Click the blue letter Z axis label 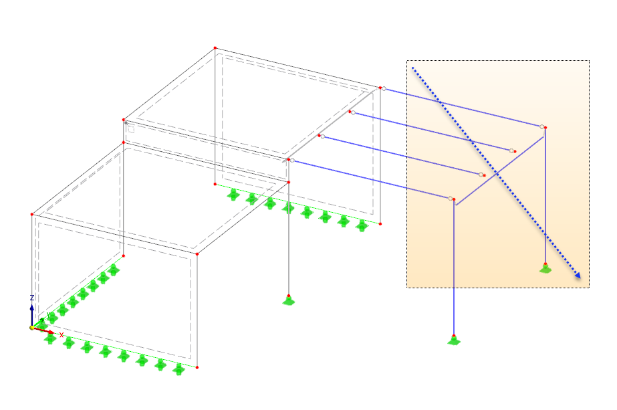click(x=31, y=298)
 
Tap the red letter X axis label click(x=61, y=334)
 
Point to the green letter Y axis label click(x=47, y=315)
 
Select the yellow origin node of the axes click(x=31, y=328)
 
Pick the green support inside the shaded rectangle click(x=545, y=269)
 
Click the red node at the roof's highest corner click(x=215, y=47)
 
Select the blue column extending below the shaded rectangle click(x=454, y=268)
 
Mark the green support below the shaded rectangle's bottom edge click(x=454, y=340)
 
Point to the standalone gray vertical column click(x=289, y=234)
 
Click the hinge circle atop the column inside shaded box click(x=542, y=126)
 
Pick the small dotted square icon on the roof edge click(x=131, y=129)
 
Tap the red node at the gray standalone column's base click(x=289, y=295)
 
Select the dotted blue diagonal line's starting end click(x=413, y=68)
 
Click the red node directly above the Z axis click(x=32, y=214)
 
